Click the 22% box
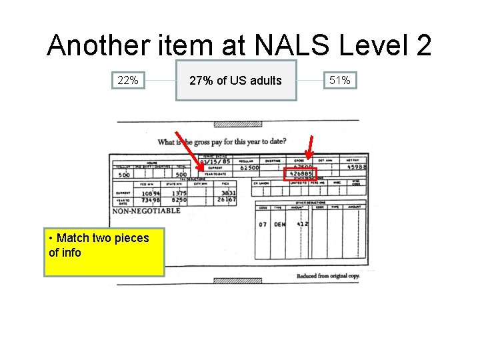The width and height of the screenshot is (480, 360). coord(128,80)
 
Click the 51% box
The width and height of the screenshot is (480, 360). coord(340,80)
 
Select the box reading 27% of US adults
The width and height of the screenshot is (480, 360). coord(235,81)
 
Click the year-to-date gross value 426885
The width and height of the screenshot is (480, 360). coord(299,175)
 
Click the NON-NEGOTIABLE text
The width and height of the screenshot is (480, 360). coord(146,211)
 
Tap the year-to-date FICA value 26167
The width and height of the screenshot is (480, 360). coord(226,199)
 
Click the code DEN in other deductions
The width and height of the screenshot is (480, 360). coord(280,225)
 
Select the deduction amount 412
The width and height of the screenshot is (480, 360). coord(302,225)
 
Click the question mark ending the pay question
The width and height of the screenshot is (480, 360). coord(285,141)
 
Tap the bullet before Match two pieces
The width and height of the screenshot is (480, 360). coord(52,238)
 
